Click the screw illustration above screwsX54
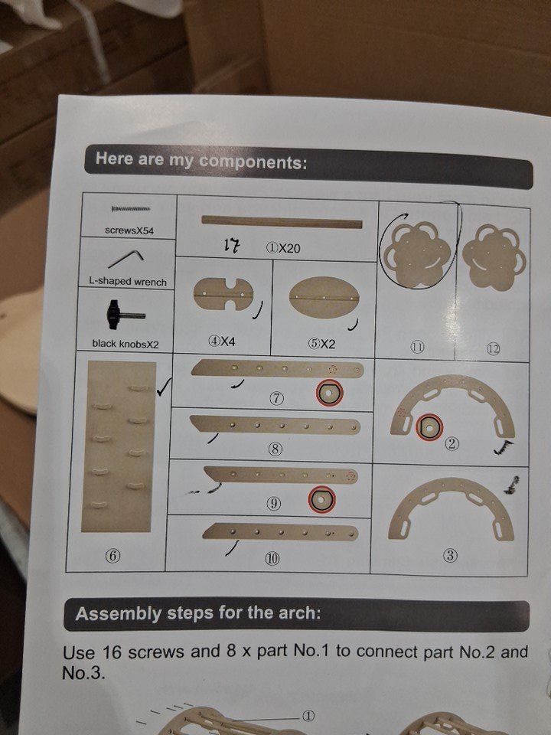pos(131,208)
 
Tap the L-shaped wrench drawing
pos(125,259)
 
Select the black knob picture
pos(125,315)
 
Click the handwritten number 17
pos(232,245)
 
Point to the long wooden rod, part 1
pos(282,222)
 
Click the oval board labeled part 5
pos(324,298)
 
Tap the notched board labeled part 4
pos(223,294)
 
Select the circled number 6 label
pos(112,556)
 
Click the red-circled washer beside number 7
pos(329,392)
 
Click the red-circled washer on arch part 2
pos(429,427)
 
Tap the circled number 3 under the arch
pos(450,556)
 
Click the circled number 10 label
pos(272,558)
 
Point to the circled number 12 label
pos(494,349)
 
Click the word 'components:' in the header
pos(253,162)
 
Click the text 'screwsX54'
pos(129,230)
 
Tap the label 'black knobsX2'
pos(126,344)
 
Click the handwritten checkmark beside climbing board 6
pos(165,387)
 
